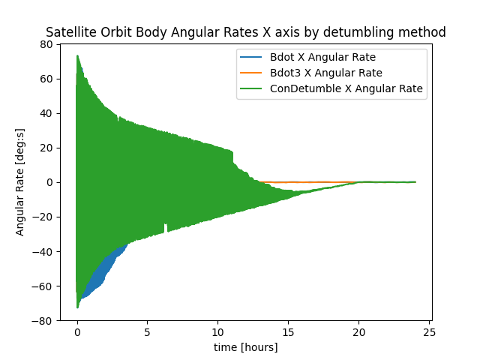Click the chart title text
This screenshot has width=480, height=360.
click(246, 32)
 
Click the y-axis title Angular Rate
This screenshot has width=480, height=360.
click(20, 182)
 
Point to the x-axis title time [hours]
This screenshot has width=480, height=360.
click(246, 347)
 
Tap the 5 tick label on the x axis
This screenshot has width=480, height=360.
click(148, 331)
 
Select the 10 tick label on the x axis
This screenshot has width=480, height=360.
click(218, 331)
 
